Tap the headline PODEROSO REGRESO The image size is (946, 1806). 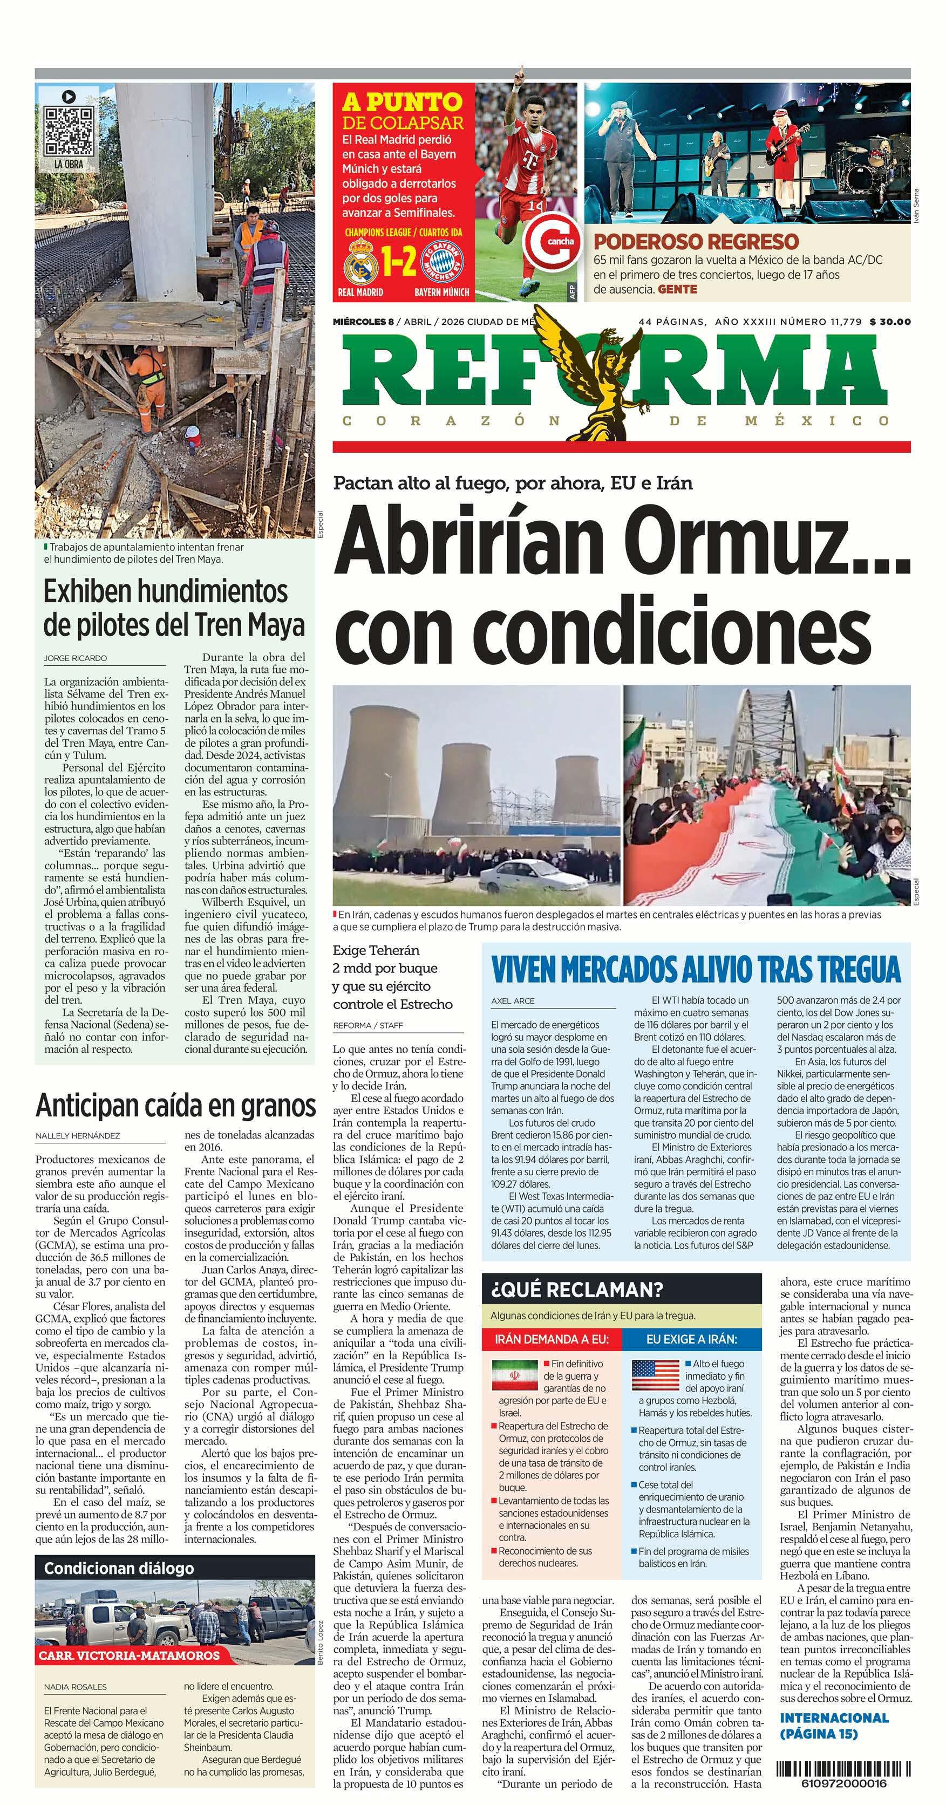click(x=696, y=241)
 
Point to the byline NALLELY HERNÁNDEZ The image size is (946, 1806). click(x=77, y=1135)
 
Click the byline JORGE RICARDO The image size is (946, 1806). click(x=75, y=658)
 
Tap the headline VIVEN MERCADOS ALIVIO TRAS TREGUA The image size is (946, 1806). click(x=695, y=970)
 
